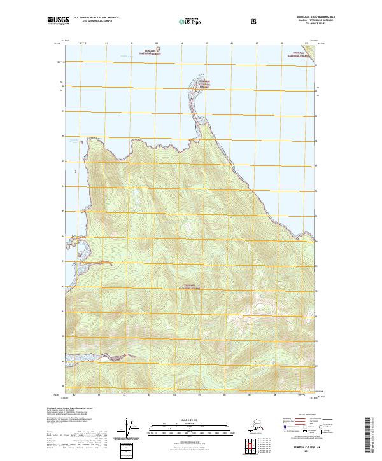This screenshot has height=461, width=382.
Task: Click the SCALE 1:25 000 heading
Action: pos(190,419)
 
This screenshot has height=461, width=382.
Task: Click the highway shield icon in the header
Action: pos(255,21)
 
